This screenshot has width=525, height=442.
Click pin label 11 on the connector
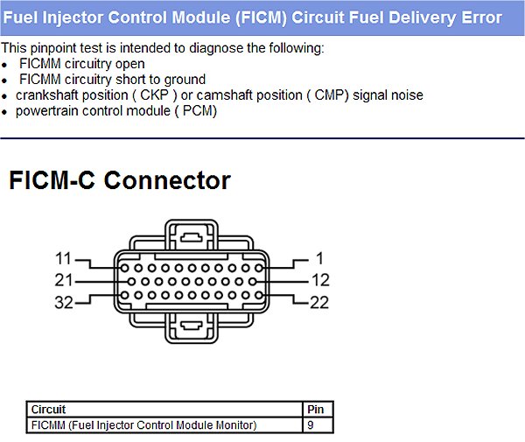[x=63, y=258]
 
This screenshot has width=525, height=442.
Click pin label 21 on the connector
[x=63, y=280]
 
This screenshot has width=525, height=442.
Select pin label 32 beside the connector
[x=64, y=302]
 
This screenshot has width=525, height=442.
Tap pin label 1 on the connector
[x=319, y=258]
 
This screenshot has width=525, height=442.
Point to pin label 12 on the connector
[x=320, y=280]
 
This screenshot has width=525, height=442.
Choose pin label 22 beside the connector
[x=319, y=302]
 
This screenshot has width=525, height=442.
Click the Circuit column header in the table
[x=48, y=410]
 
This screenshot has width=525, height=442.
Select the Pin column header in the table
[x=315, y=410]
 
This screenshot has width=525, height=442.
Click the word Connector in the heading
[x=167, y=180]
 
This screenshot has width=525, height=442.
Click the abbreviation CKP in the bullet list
[x=154, y=95]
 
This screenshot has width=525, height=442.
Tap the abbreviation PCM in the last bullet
[x=198, y=111]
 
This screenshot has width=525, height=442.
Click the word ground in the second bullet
[x=185, y=80]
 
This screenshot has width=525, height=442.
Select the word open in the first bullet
[x=129, y=64]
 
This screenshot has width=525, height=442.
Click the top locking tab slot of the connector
[x=191, y=238]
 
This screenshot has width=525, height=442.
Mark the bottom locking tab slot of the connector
[x=191, y=326]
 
